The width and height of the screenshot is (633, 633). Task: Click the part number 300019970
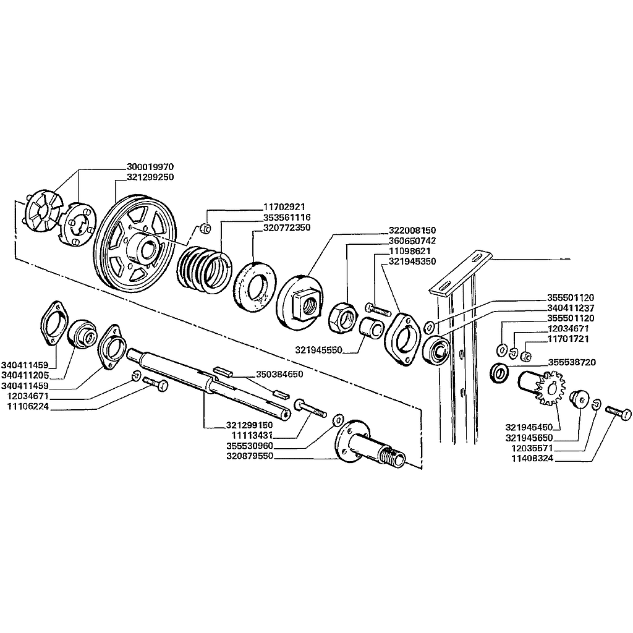(150, 167)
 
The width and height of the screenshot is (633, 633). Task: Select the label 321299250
(150, 177)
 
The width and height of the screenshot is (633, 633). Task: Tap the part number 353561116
(287, 218)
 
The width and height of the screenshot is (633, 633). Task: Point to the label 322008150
(412, 231)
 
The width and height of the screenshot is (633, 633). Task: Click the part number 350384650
(279, 374)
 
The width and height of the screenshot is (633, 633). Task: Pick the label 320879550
(250, 456)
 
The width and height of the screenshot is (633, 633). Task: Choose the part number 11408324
(532, 459)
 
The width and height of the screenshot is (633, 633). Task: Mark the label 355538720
(572, 362)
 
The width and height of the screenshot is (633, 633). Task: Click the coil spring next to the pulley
(204, 270)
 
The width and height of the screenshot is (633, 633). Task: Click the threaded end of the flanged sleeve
(393, 456)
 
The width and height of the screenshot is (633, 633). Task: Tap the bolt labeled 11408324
(618, 414)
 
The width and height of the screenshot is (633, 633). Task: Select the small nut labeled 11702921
(205, 229)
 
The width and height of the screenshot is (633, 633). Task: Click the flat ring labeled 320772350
(255, 286)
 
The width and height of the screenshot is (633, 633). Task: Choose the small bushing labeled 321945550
(370, 327)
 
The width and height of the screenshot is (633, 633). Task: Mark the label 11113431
(252, 436)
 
